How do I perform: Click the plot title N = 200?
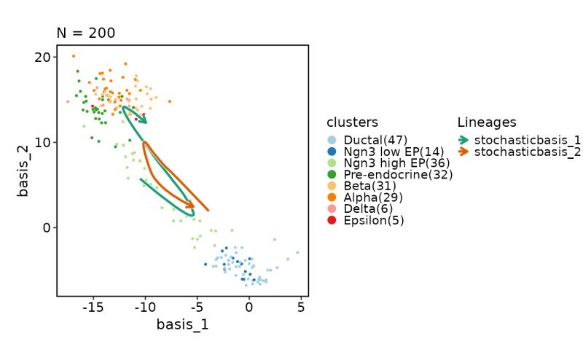[86, 33]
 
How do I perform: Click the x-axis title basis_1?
[182, 324]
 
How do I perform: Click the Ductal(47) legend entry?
[375, 140]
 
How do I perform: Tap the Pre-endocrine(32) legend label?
[398, 174]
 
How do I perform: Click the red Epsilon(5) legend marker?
[332, 220]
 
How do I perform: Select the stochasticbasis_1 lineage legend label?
[527, 140]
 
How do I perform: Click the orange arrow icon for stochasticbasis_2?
[463, 152]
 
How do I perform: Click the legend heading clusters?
[352, 122]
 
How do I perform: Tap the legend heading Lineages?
[487, 122]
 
